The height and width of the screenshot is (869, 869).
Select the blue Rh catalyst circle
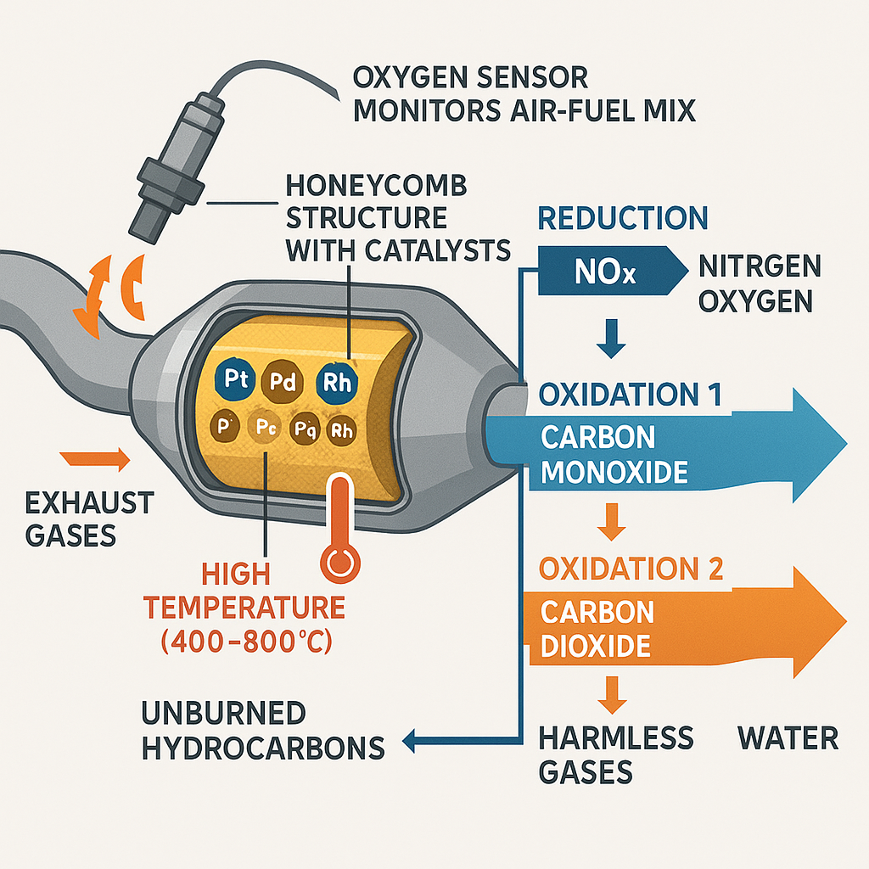[338, 381]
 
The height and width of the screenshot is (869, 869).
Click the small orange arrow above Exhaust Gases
[95, 461]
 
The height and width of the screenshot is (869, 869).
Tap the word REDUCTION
[622, 218]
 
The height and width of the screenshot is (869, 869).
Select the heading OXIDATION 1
[631, 395]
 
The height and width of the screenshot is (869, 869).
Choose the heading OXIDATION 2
[631, 569]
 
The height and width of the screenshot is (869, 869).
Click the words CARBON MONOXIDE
[614, 454]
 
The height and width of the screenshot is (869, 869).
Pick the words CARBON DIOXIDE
[597, 628]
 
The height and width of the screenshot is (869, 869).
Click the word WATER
[788, 738]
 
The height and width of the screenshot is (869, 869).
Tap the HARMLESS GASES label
[616, 754]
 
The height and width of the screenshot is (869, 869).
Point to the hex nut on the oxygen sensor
[165, 172]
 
